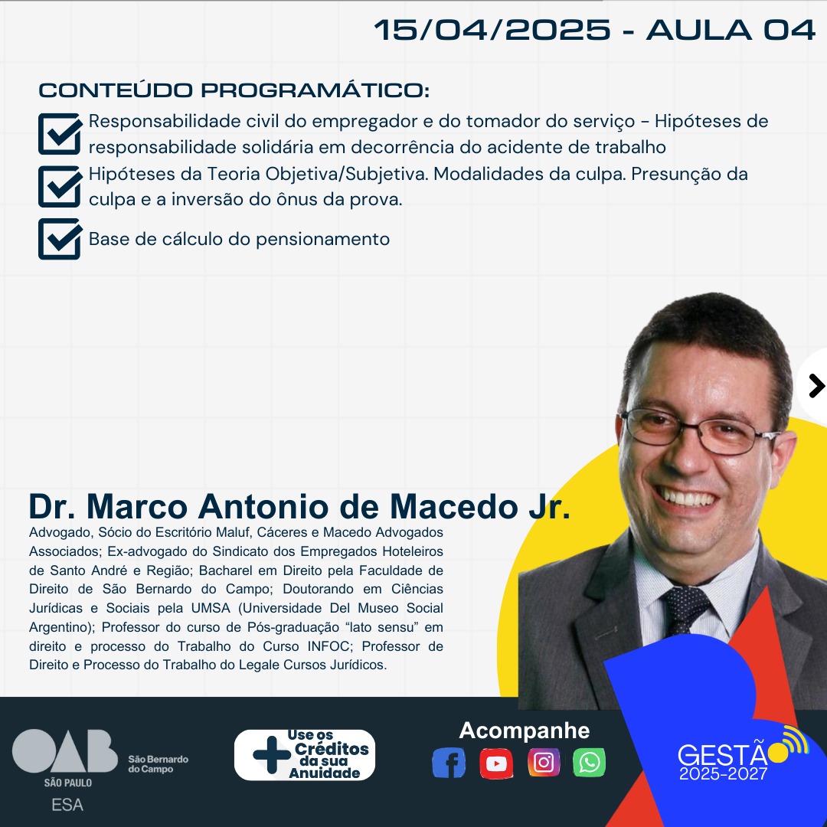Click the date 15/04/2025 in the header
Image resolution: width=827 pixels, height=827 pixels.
(492, 30)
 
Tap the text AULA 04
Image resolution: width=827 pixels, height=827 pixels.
(731, 30)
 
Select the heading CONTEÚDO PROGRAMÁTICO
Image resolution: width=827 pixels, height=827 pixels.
(234, 90)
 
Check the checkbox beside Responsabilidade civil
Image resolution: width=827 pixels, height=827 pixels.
(60, 133)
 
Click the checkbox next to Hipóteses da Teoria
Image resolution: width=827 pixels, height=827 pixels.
(60, 186)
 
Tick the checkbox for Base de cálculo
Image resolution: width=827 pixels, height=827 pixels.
(60, 239)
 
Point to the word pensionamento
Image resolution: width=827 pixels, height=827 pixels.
(323, 240)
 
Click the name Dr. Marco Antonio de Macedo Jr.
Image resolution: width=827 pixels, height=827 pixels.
(299, 507)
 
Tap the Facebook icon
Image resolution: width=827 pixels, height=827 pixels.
(449, 763)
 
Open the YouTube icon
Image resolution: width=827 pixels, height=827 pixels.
(495, 763)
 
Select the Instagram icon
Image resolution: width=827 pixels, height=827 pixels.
(543, 763)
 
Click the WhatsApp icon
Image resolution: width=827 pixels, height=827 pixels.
(589, 763)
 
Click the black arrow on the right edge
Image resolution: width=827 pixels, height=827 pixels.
(816, 386)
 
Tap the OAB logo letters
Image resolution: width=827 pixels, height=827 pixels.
(65, 751)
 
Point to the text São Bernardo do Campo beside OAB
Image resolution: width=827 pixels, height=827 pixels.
(159, 764)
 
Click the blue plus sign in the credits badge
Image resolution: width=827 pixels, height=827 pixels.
(272, 755)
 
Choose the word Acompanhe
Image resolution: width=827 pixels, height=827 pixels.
(525, 731)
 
